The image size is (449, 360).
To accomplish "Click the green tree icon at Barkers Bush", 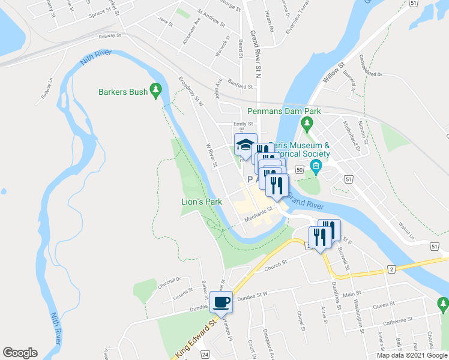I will click(157, 91).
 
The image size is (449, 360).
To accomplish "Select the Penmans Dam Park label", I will click(284, 111).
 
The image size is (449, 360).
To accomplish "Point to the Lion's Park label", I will click(202, 202).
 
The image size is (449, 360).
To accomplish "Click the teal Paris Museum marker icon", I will click(314, 165).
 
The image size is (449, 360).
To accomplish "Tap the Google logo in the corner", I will click(20, 353).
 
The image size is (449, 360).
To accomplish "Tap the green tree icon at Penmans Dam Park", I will click(307, 124).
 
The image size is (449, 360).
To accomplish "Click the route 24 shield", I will click(205, 355).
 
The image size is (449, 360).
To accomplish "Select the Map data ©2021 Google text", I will click(412, 355).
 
